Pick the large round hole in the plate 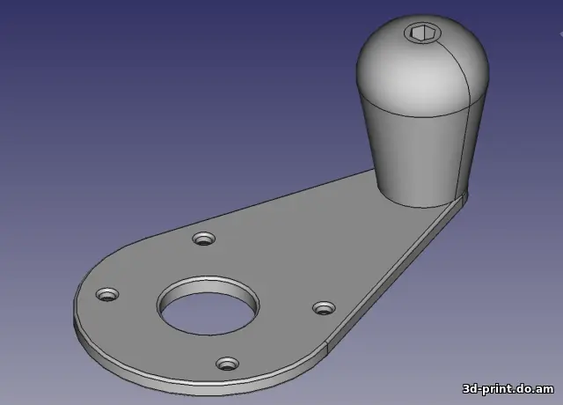click(208, 306)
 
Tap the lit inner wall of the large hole click(208, 285)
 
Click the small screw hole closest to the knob click(204, 239)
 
